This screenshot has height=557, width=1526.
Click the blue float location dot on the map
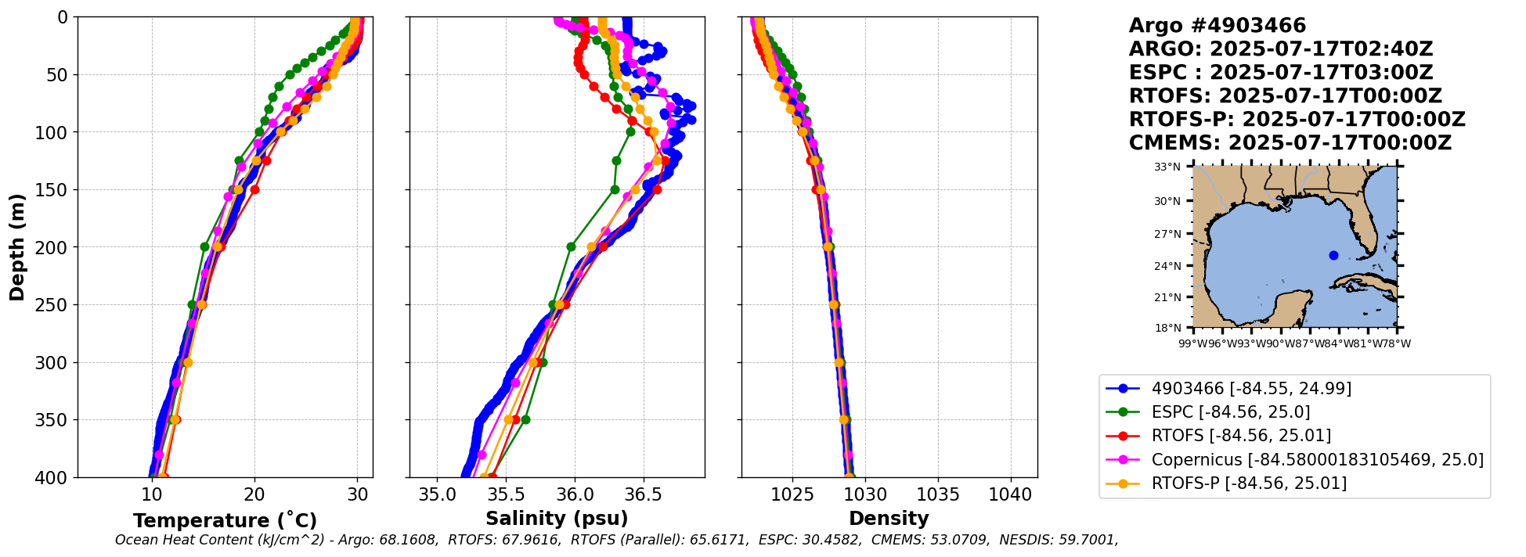pos(1333,255)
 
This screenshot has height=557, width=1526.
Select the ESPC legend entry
pos(1230,412)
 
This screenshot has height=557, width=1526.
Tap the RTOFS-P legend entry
pos(1248,483)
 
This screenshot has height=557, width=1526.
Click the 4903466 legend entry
pos(1250,389)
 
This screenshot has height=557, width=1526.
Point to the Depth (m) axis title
pos(17,246)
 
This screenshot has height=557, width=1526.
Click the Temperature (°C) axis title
pos(225,521)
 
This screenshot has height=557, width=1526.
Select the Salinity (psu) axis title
pos(557,519)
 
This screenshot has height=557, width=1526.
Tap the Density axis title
pos(889,519)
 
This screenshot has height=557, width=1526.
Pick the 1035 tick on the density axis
pos(938,494)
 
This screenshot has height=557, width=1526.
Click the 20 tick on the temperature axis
pos(254,494)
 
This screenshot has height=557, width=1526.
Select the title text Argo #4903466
pos(1217,26)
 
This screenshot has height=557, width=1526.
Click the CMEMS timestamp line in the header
pos(1290,143)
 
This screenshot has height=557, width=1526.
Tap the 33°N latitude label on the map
pos(1167,167)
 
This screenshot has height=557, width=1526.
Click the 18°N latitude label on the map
pos(1167,328)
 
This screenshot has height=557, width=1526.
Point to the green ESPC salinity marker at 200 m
pos(571,246)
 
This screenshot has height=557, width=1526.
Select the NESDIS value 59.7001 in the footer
pos(1091,540)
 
